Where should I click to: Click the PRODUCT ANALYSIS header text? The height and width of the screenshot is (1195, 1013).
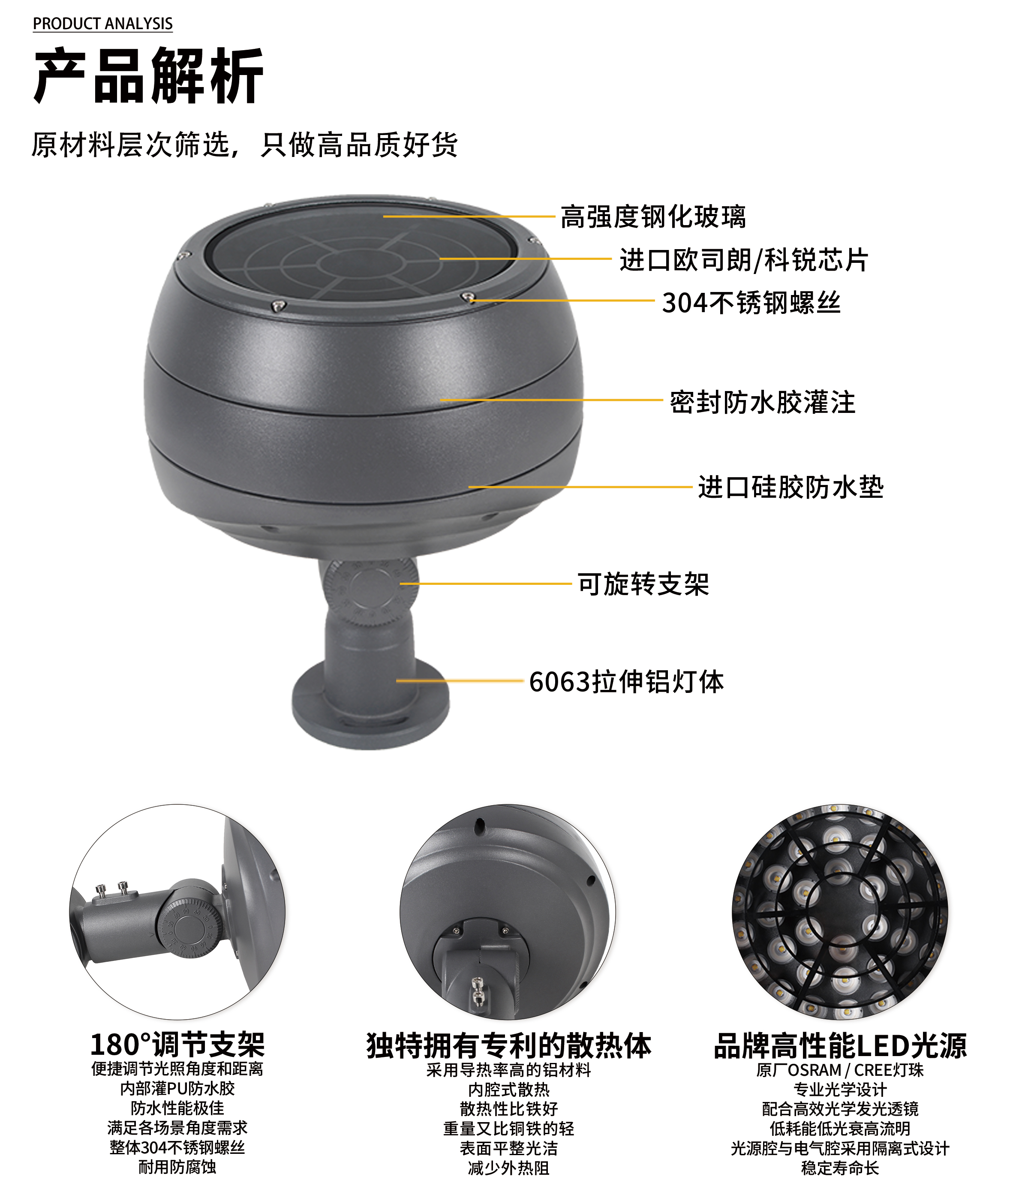click(103, 24)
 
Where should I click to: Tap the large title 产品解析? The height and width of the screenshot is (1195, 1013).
click(149, 76)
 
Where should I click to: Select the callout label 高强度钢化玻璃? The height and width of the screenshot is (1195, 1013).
click(653, 217)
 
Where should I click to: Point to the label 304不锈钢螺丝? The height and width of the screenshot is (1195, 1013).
click(751, 303)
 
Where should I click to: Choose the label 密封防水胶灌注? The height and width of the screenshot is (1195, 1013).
click(763, 402)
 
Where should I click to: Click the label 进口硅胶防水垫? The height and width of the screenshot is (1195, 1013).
click(791, 487)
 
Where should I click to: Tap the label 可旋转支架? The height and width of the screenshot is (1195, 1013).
click(643, 584)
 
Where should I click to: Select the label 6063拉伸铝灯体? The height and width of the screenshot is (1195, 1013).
click(626, 682)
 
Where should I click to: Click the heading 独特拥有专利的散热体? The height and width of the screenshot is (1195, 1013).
click(509, 1045)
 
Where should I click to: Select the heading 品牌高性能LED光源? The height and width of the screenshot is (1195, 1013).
click(840, 1045)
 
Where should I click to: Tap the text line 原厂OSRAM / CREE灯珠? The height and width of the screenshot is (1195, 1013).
click(840, 1070)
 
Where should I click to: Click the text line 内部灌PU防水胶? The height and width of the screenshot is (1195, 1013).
click(177, 1088)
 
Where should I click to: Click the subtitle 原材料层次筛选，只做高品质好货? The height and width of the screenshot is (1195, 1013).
click(245, 144)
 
